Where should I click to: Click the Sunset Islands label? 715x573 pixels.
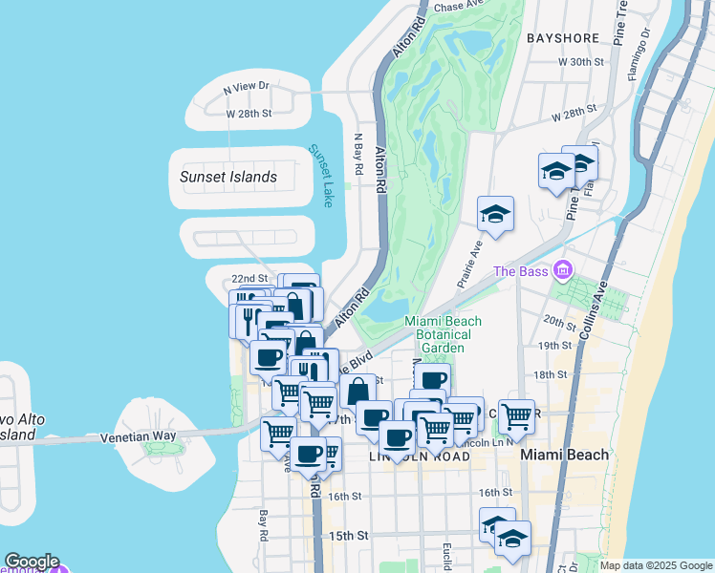tap(228, 177)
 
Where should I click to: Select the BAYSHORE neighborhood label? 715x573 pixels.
tap(563, 38)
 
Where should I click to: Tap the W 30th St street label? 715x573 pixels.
tap(582, 61)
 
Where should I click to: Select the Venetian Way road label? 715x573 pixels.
tap(139, 436)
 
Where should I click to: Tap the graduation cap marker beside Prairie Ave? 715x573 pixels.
tap(495, 214)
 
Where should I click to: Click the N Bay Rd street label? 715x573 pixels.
tap(359, 154)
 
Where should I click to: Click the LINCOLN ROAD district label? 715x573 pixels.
tap(420, 457)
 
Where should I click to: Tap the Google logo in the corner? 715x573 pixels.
tap(31, 562)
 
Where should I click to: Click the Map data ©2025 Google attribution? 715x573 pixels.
tap(656, 565)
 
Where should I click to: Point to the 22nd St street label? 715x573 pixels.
tap(249, 278)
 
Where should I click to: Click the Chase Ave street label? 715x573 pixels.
tap(455, 7)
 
